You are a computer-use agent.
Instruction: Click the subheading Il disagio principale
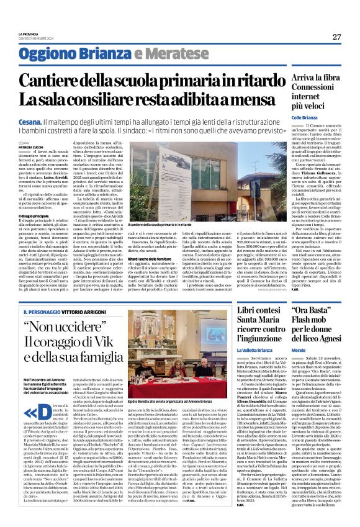[34, 215]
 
